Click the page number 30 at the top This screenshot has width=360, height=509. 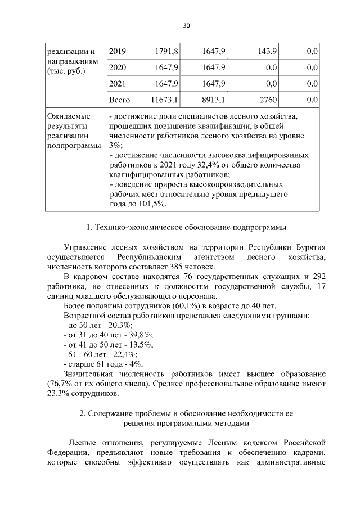[187, 25]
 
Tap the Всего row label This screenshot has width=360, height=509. [119, 100]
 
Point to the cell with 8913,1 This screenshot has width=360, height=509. [213, 100]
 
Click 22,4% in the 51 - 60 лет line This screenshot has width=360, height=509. [124, 354]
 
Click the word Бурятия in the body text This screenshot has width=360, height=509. [311, 247]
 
